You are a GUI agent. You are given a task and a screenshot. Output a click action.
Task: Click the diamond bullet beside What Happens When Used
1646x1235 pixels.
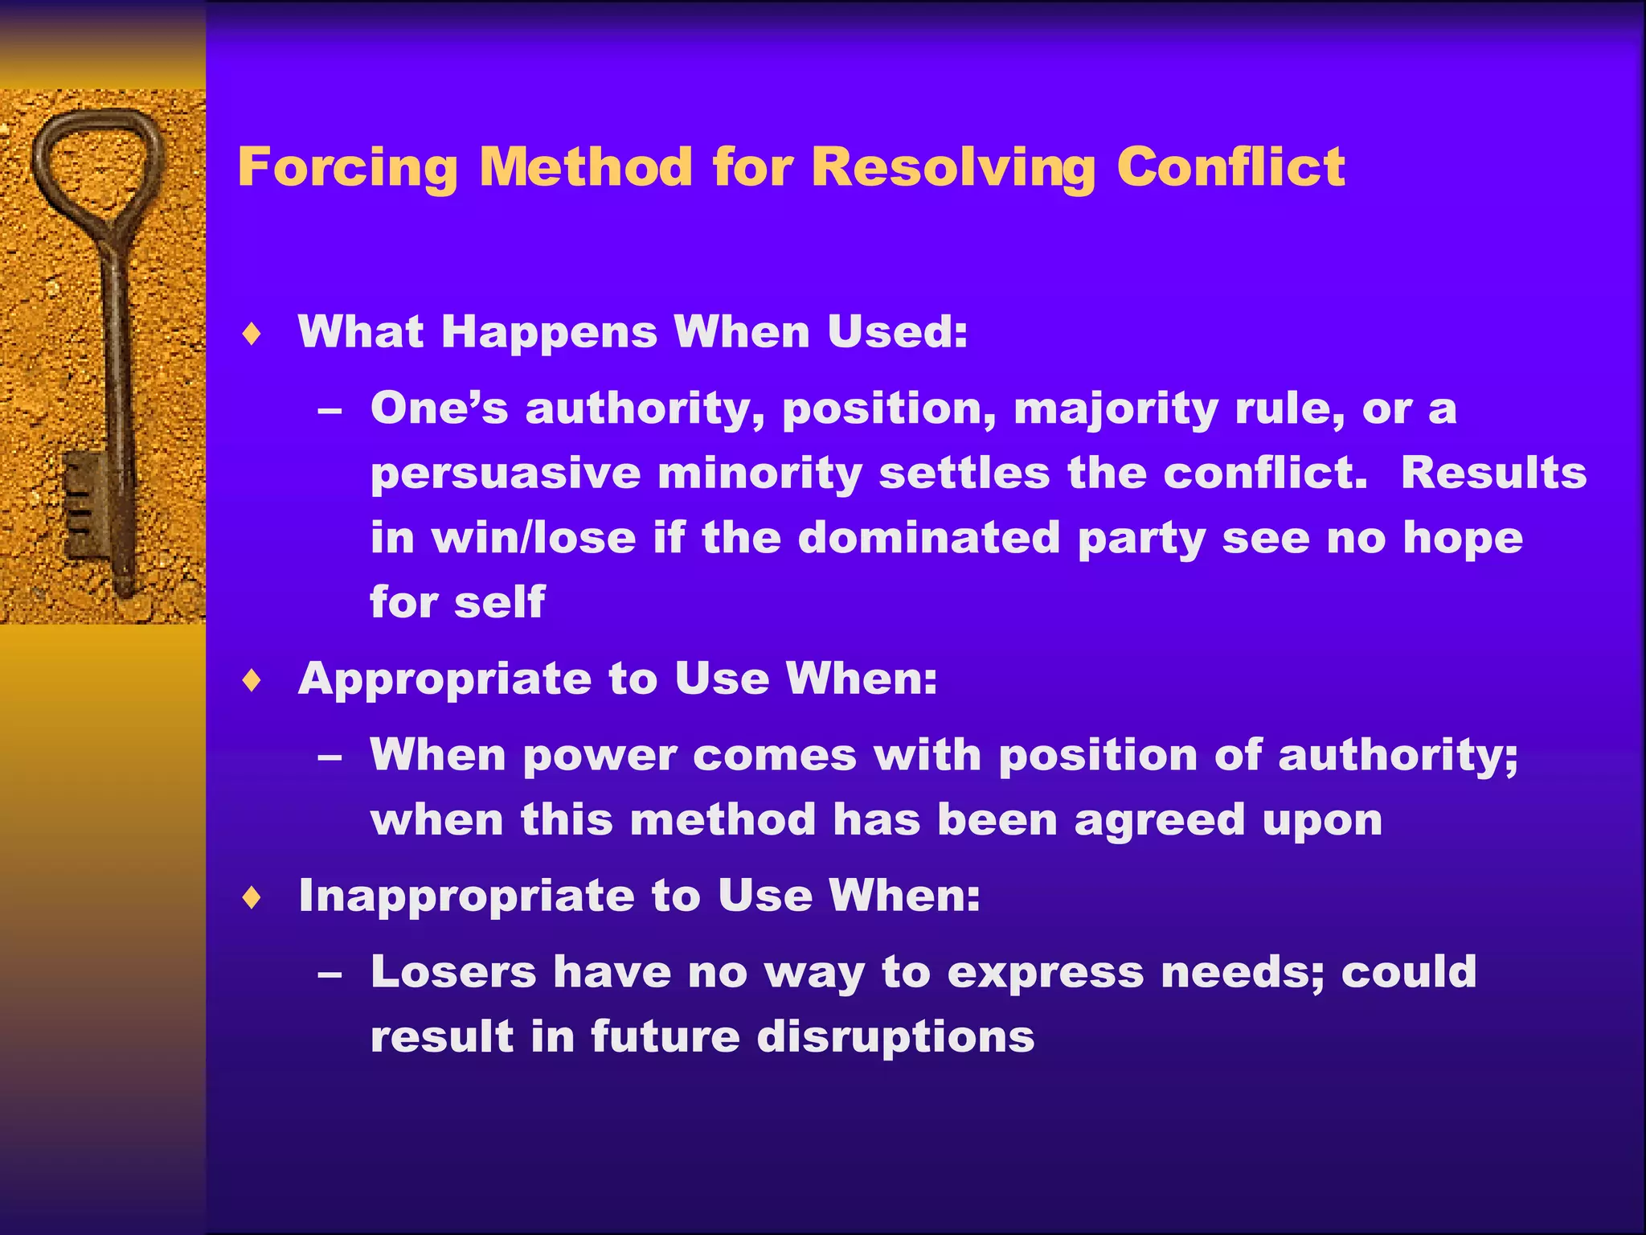click(252, 334)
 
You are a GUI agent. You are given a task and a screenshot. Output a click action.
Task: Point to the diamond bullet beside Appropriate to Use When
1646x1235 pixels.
click(252, 681)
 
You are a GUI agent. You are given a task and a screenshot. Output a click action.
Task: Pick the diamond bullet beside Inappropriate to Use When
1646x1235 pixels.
click(252, 897)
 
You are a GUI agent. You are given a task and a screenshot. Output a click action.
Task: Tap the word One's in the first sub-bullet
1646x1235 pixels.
click(439, 408)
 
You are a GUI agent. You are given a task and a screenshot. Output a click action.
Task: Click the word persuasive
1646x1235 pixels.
click(505, 474)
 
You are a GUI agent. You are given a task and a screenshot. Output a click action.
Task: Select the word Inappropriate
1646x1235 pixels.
click(466, 897)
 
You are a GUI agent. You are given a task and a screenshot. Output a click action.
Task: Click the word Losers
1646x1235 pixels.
click(452, 972)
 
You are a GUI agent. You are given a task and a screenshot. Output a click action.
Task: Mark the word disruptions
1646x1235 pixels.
click(895, 1036)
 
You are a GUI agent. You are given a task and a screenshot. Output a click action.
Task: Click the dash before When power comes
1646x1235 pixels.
click(330, 757)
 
